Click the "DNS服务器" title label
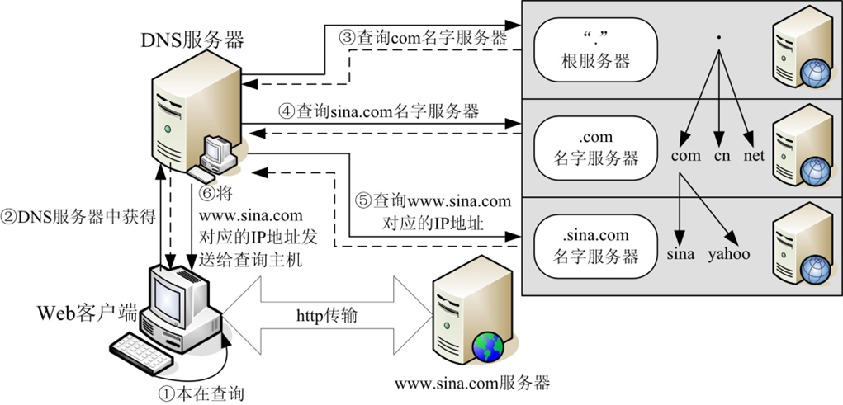197,37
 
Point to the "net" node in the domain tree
753,155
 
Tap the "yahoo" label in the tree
728,254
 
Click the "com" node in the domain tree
685,155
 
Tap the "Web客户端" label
82,313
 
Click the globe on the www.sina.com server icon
488,346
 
